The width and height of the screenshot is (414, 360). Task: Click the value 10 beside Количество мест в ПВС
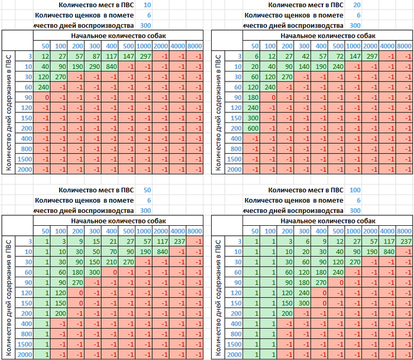coord(147,5)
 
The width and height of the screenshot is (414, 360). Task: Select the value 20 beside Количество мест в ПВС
coord(356,5)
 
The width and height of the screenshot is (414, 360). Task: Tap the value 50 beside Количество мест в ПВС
coord(147,190)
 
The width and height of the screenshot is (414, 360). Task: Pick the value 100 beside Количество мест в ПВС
coord(355,190)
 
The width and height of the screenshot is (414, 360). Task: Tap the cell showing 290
coord(93,67)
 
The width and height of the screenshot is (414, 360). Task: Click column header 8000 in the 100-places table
coord(405,231)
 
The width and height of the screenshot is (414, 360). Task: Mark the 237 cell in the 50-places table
coord(178,241)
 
